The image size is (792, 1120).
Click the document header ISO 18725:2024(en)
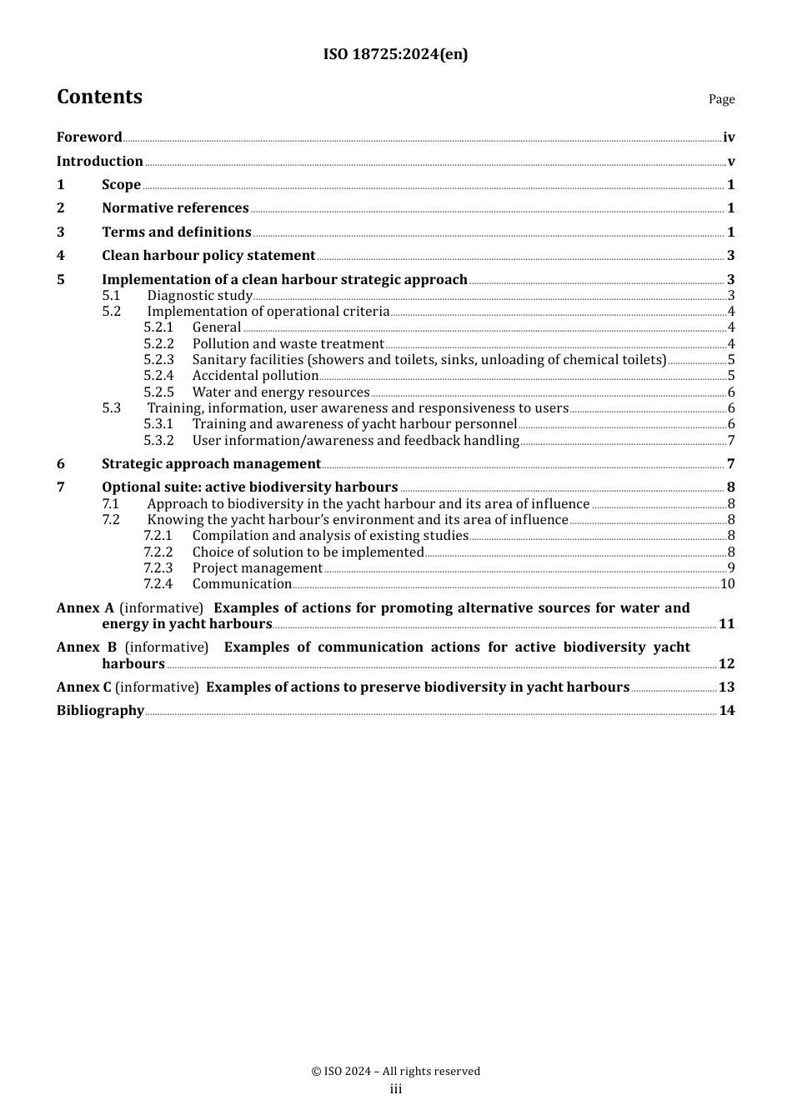395,55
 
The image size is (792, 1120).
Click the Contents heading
99,97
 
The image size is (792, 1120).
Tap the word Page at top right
721,99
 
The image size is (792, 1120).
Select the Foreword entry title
89,137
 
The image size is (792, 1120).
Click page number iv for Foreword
729,137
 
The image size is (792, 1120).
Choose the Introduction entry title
100,162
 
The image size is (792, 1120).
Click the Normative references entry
175,208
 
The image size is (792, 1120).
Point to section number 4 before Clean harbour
61,256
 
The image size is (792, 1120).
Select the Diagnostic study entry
200,296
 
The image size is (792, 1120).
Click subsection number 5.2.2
158,344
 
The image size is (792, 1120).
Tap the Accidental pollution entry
255,376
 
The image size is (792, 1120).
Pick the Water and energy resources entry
281,392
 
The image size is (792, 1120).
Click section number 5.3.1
158,424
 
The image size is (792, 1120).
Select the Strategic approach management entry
211,464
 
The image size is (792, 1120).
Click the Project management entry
257,568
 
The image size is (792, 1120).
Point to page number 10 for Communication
727,584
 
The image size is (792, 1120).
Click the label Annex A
85,608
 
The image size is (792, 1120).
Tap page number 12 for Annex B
726,664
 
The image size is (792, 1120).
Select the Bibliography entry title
100,711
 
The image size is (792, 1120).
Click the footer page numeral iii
396,1089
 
